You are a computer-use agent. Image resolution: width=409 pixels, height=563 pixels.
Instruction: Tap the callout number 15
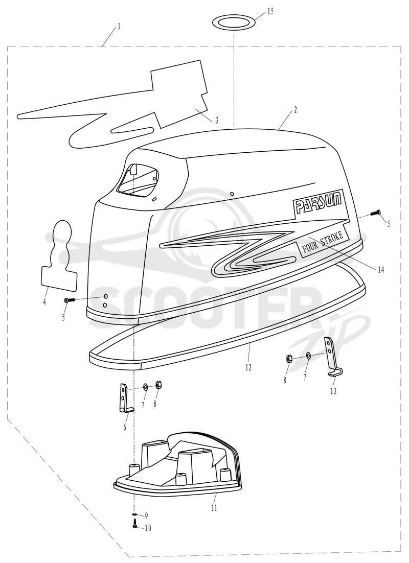(270, 11)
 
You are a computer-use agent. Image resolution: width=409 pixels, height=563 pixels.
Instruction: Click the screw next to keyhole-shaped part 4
(69, 299)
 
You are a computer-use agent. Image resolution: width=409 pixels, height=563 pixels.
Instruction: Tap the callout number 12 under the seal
(248, 367)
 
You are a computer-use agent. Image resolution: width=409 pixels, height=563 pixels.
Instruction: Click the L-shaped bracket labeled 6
(124, 398)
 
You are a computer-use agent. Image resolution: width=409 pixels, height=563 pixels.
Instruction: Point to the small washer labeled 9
(134, 514)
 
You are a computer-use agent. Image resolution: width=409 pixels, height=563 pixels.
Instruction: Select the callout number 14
(380, 270)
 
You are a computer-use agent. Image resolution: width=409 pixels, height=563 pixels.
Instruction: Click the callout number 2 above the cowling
(296, 110)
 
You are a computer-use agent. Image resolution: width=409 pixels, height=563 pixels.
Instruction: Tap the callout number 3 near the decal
(217, 121)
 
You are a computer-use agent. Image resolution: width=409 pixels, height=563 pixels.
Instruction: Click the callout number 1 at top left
(119, 26)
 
